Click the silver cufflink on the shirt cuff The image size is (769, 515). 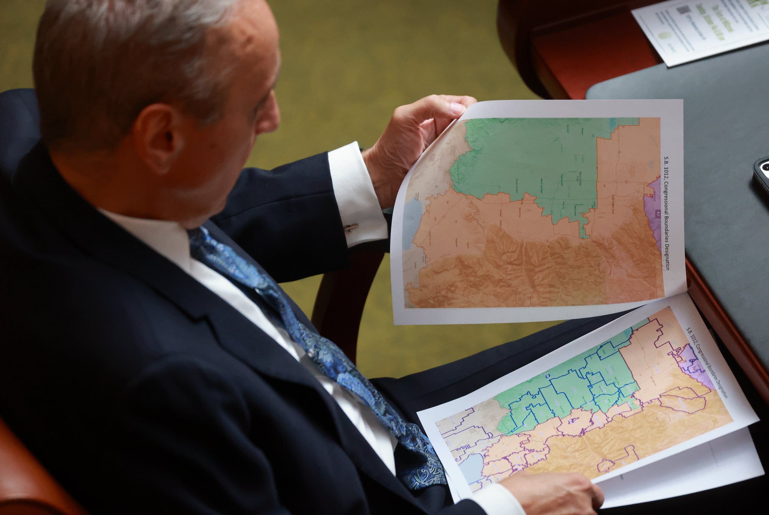pos(352,227)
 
